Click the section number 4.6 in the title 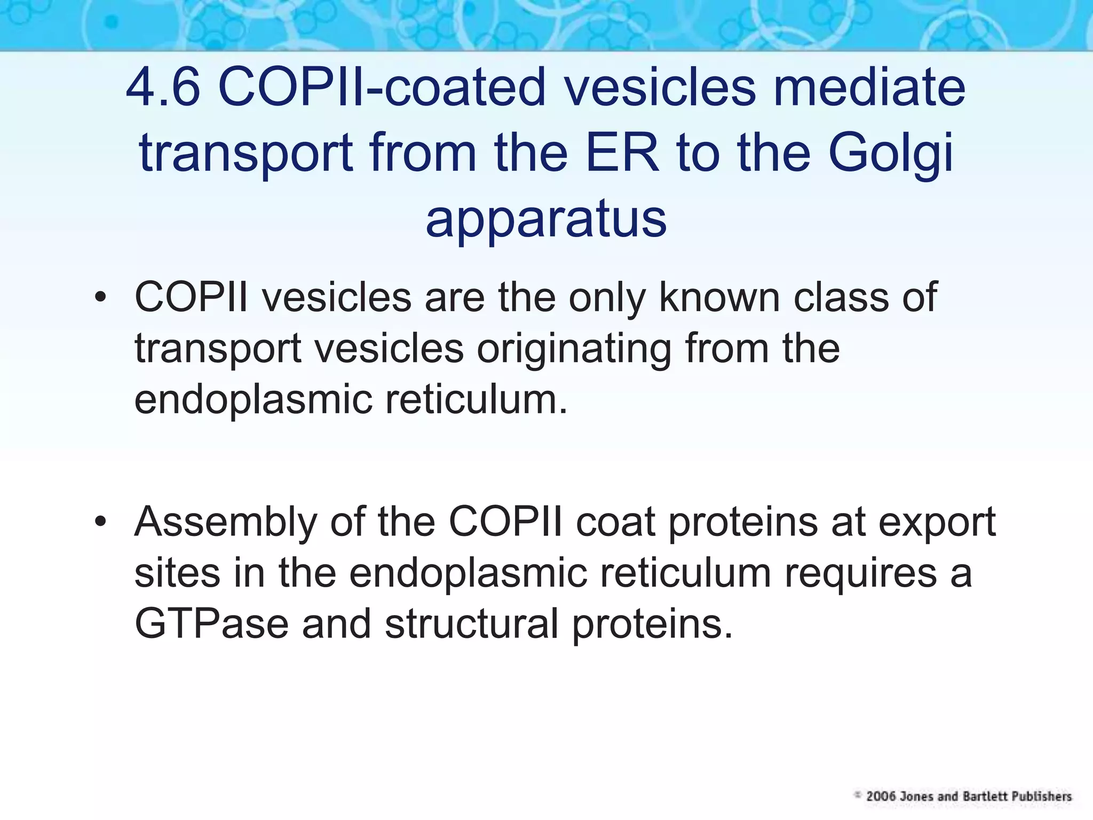163,87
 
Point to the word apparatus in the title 546,219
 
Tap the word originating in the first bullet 573,348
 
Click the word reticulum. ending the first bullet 476,399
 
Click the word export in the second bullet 937,522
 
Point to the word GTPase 211,624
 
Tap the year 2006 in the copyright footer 881,797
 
